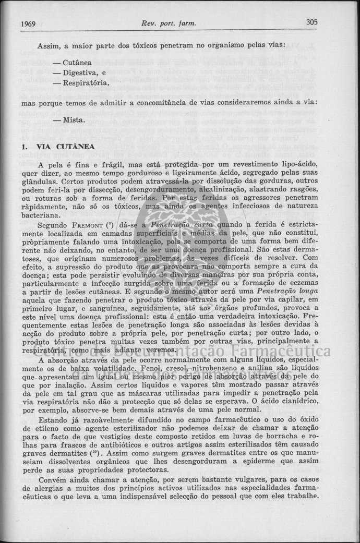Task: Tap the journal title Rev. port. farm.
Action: point(169,23)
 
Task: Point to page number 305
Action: point(312,22)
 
